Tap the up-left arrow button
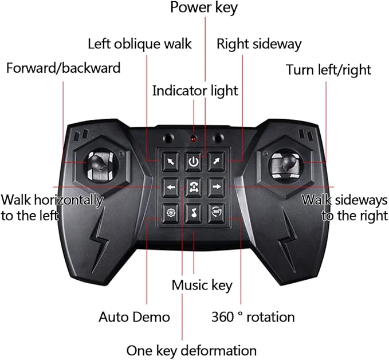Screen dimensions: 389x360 pyautogui.click(x=170, y=162)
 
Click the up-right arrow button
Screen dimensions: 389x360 pyautogui.click(x=217, y=162)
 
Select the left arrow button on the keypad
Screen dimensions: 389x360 pyautogui.click(x=171, y=187)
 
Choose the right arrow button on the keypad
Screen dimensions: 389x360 pyautogui.click(x=217, y=187)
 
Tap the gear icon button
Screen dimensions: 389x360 pyautogui.click(x=170, y=213)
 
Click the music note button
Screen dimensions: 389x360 pyautogui.click(x=194, y=213)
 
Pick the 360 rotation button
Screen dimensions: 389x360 pyautogui.click(x=217, y=213)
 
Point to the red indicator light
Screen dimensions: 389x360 pyautogui.click(x=194, y=139)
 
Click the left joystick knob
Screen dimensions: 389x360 pyautogui.click(x=97, y=162)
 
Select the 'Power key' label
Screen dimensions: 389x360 pyautogui.click(x=204, y=7)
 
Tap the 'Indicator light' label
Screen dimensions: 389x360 pyautogui.click(x=195, y=91)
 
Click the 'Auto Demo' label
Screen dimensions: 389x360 pyautogui.click(x=134, y=317)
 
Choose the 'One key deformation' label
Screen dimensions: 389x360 pyautogui.click(x=191, y=351)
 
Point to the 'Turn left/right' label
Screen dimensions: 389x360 pyautogui.click(x=328, y=70)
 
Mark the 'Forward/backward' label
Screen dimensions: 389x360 pyautogui.click(x=63, y=68)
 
